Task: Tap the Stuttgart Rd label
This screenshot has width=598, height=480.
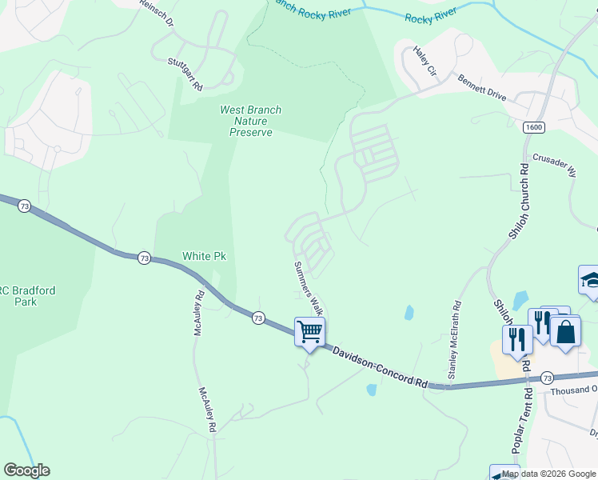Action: point(185,74)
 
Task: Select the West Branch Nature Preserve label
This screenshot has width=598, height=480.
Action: point(250,121)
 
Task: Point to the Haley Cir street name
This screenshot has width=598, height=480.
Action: point(425,62)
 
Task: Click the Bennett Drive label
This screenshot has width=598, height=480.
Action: point(481,87)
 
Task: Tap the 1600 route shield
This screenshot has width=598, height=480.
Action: point(534,128)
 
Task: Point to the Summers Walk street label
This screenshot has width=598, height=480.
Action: point(308,287)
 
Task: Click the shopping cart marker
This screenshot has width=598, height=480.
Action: point(310,331)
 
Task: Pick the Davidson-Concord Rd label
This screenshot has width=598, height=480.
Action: point(379,367)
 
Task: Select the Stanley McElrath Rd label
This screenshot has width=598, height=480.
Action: point(455,340)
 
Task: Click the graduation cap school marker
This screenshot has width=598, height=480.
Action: point(590,281)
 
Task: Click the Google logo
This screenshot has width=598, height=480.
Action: point(26,470)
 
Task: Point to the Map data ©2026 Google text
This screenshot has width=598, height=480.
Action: point(549,474)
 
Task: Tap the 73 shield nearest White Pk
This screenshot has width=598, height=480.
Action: point(144,258)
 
